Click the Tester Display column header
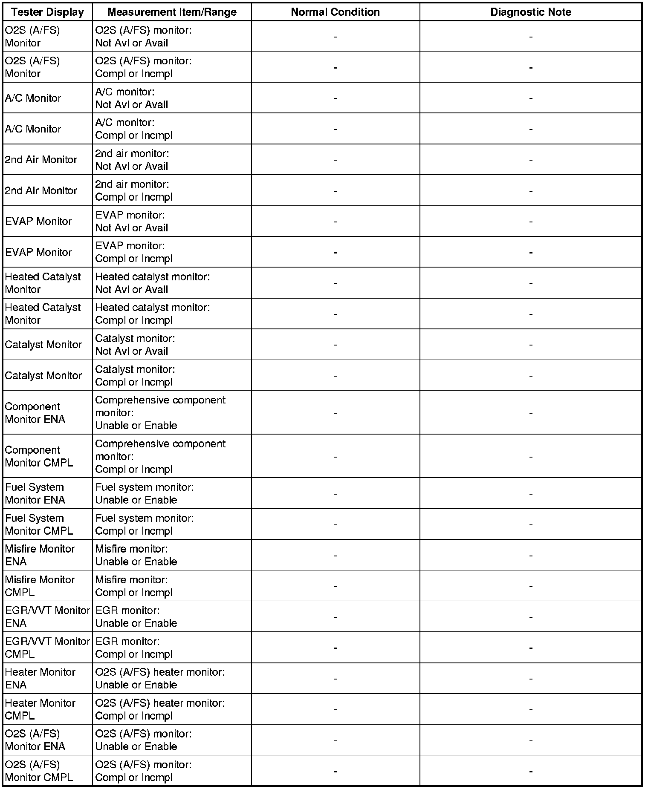click(47, 12)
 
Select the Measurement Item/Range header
click(172, 12)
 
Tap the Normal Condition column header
click(335, 12)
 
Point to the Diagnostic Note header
click(530, 12)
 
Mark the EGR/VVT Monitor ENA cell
click(47, 617)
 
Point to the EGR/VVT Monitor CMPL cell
click(47, 648)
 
